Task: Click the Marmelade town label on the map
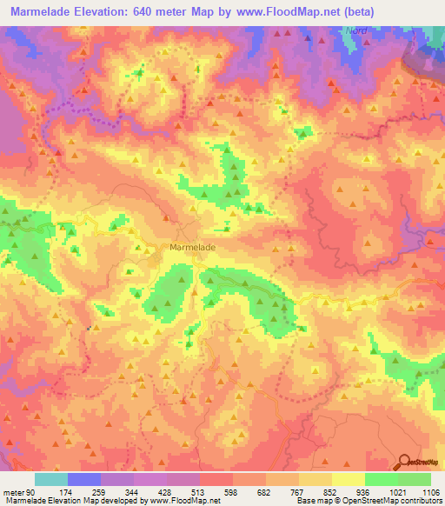pos(191,247)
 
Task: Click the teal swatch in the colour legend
pos(50,479)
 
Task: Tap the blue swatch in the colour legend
pos(83,479)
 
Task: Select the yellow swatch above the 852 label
pos(315,479)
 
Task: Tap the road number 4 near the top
pos(197,68)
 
